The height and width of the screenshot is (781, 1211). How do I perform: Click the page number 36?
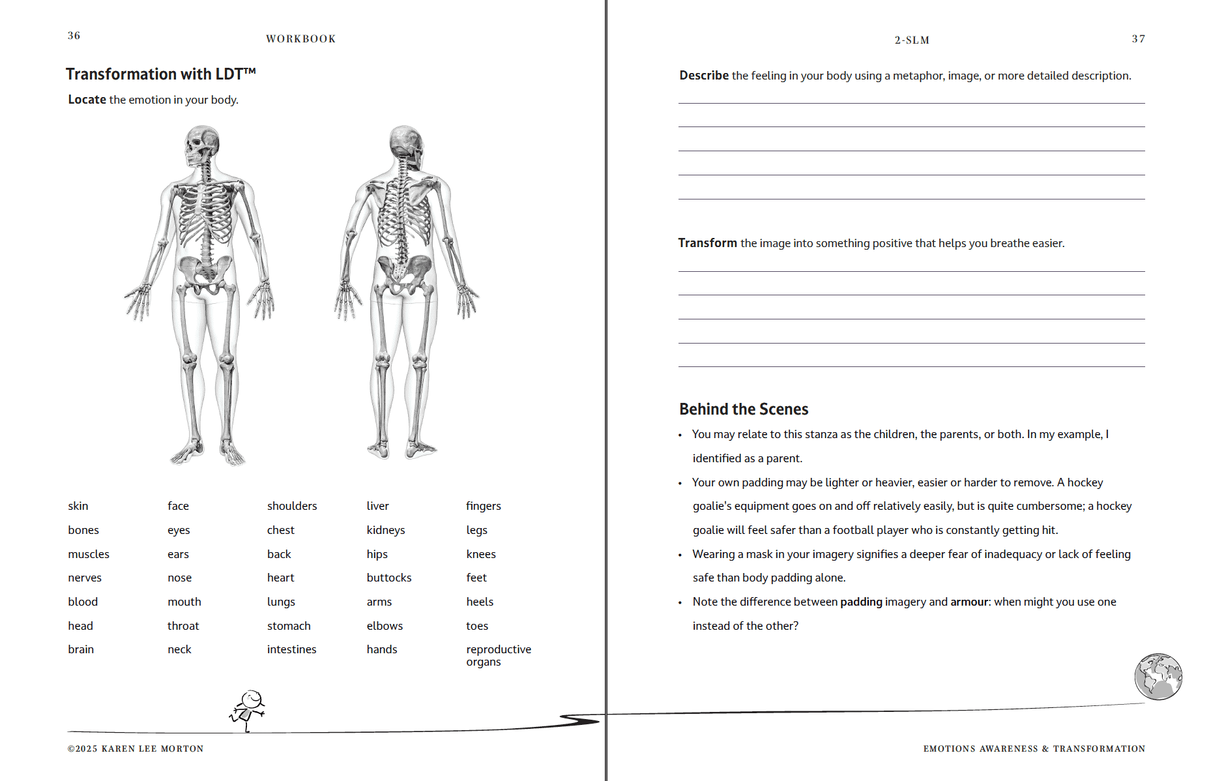(x=74, y=36)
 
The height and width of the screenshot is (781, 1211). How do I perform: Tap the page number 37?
(x=1138, y=39)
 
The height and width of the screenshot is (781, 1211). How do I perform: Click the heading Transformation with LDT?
(x=160, y=74)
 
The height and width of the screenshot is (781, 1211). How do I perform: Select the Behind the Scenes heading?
(x=744, y=409)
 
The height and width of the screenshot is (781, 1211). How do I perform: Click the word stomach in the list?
(x=289, y=626)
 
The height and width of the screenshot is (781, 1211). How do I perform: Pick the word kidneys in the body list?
(x=386, y=530)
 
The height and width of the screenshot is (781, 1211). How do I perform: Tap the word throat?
(x=183, y=626)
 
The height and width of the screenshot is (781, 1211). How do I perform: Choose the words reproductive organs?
(x=499, y=655)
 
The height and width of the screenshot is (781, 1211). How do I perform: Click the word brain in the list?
(x=81, y=649)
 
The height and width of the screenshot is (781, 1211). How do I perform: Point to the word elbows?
(x=385, y=626)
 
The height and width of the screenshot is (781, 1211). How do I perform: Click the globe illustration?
(x=1158, y=677)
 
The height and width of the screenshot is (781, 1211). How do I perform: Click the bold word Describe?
(x=704, y=76)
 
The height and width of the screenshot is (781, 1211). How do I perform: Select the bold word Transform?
(x=707, y=243)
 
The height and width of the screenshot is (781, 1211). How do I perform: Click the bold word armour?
(x=969, y=602)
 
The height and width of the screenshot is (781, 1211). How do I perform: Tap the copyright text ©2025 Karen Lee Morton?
(x=136, y=748)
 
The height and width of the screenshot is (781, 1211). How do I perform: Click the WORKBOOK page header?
(x=300, y=39)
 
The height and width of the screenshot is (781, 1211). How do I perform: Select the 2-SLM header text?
(x=912, y=40)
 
